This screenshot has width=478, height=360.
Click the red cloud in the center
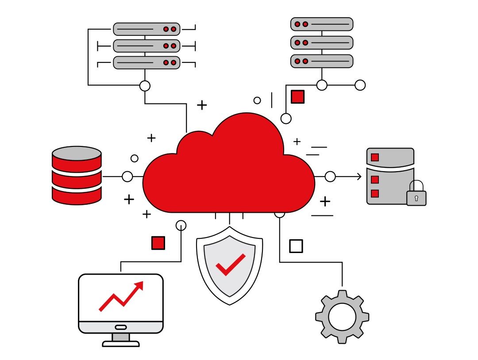coord(228,172)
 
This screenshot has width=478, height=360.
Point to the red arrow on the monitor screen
coord(122,296)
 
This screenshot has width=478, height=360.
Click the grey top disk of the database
coord(77,153)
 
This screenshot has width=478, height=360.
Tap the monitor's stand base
coord(121,343)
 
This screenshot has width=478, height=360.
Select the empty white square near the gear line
coord(296,246)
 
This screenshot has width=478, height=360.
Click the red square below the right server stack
coord(297,96)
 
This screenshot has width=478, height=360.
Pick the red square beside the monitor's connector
coord(158,243)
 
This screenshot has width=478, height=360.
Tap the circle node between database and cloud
coord(127,177)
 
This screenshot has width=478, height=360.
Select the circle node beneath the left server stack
coord(145,86)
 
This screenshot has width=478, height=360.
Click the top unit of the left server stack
coord(146,29)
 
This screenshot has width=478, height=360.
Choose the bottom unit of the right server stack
coord(322,61)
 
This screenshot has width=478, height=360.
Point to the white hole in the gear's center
coord(342,317)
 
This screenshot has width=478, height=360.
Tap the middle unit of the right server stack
coord(322,42)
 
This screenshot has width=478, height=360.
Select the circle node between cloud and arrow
coord(330,177)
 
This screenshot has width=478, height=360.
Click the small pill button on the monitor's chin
coord(121,327)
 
